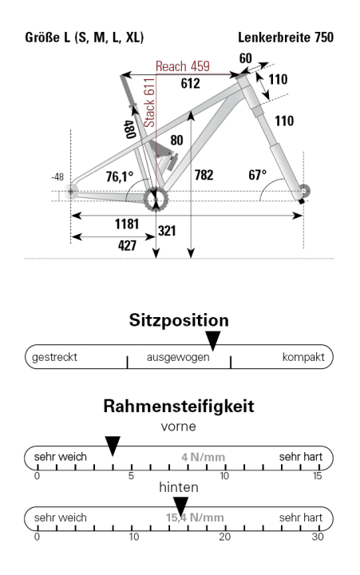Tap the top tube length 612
pos(190,83)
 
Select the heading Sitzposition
pos(180,320)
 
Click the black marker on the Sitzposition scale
pos(212,339)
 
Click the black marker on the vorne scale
pos(113,443)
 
